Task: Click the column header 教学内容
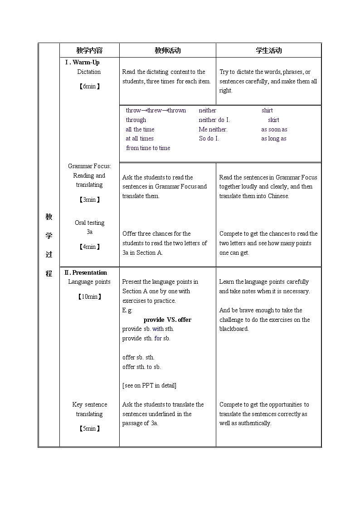(89, 50)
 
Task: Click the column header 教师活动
(167, 50)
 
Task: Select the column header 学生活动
(268, 50)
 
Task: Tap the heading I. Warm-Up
(82, 63)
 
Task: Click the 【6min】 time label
(89, 86)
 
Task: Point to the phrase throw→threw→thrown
(156, 111)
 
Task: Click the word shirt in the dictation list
(267, 111)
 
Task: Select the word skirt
(273, 120)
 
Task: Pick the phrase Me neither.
(213, 130)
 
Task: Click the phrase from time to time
(148, 148)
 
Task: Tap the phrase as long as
(273, 139)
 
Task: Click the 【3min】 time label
(89, 199)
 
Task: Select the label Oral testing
(89, 223)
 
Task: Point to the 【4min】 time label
(89, 247)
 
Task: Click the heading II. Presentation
(85, 272)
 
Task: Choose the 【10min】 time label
(89, 297)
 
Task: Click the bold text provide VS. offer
(167, 320)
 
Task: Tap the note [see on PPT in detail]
(149, 386)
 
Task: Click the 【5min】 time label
(89, 428)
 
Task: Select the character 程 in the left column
(49, 274)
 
